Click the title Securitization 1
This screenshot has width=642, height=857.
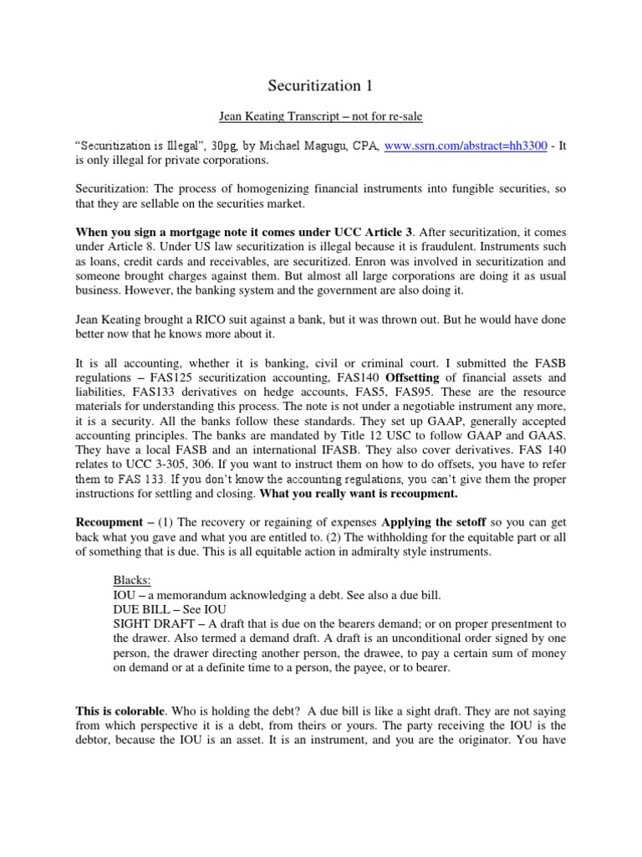pyautogui.click(x=320, y=85)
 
